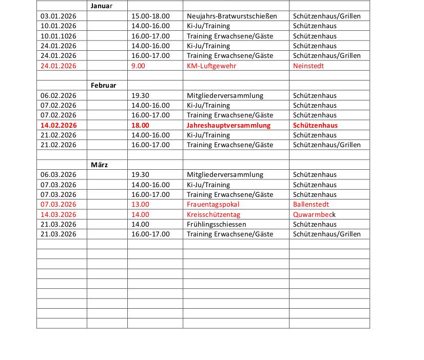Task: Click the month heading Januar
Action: tap(101, 6)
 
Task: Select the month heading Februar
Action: tap(103, 85)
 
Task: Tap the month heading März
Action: tap(100, 165)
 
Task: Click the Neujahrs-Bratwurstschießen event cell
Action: tap(232, 16)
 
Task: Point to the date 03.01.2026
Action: tap(58, 16)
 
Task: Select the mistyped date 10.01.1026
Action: tap(58, 36)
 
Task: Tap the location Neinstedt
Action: tap(309, 66)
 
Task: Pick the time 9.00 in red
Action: tap(138, 66)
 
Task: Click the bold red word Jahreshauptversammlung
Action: tap(228, 125)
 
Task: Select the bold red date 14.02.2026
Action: tap(58, 125)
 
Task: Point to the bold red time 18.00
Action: tap(140, 125)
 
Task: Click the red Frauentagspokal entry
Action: tap(213, 205)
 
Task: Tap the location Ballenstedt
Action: tap(311, 205)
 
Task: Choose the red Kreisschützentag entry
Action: tap(213, 214)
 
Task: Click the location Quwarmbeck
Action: tap(314, 214)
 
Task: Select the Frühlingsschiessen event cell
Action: tap(216, 224)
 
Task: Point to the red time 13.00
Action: tap(140, 205)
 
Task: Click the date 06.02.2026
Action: tap(58, 95)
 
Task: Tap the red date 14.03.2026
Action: tap(58, 214)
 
